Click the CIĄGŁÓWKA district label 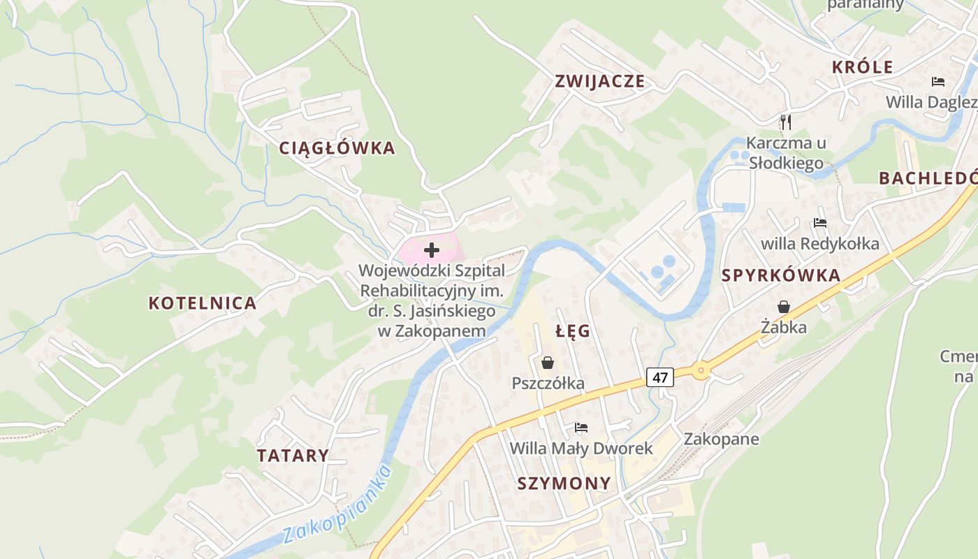[x=337, y=148]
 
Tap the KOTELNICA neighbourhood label [x=203, y=303]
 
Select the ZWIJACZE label [x=599, y=81]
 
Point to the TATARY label [x=293, y=456]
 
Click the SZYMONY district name [x=564, y=483]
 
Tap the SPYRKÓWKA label [x=781, y=275]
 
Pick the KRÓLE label [x=863, y=67]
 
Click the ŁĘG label [x=573, y=331]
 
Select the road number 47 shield [x=661, y=378]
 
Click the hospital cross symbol [x=432, y=249]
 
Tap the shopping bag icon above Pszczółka [x=548, y=363]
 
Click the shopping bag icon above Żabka [x=784, y=307]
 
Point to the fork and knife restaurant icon [x=786, y=122]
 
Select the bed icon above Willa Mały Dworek [x=581, y=428]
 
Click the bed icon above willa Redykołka [x=820, y=224]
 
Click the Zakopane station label [x=721, y=440]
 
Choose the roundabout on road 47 [x=701, y=371]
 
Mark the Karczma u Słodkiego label [x=786, y=153]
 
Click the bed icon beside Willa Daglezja [x=938, y=82]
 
